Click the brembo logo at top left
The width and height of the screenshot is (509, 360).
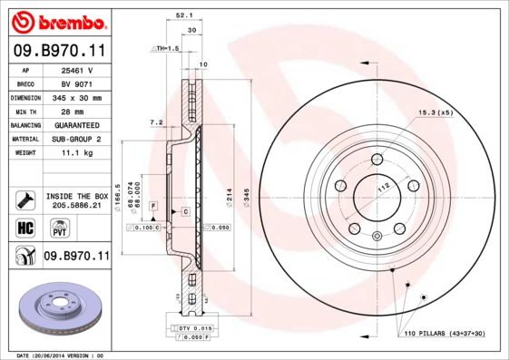[55, 19]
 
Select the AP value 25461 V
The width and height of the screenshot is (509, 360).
[74, 69]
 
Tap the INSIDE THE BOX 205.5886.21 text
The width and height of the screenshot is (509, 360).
[76, 201]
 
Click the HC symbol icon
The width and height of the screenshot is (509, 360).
[25, 226]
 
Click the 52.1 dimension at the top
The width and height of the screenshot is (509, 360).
[181, 15]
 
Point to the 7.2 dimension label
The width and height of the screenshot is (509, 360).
[155, 122]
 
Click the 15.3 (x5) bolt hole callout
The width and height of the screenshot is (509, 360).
[434, 112]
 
